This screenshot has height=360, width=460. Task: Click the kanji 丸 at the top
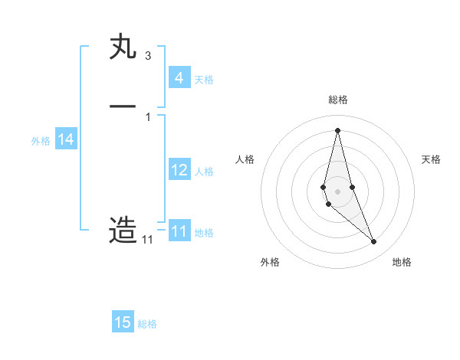click(x=123, y=47)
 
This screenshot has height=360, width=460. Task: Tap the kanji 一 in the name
click(x=123, y=108)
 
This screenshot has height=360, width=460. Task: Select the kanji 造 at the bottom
click(x=123, y=230)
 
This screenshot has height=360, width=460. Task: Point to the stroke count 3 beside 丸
click(x=147, y=55)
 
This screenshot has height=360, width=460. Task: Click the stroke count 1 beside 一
click(x=147, y=116)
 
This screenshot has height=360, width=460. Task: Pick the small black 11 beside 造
click(x=147, y=240)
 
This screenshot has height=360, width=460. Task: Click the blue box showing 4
click(x=179, y=78)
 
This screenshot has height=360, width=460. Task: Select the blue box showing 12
click(x=179, y=170)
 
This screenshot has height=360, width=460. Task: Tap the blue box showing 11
click(x=179, y=231)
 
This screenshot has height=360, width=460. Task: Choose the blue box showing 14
click(x=66, y=139)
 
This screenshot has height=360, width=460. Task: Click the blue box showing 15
click(x=123, y=322)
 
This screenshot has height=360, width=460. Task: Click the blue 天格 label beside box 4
click(x=204, y=80)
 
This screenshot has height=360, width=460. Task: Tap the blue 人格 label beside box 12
click(x=204, y=172)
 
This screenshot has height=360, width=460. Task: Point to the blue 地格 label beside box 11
click(x=204, y=233)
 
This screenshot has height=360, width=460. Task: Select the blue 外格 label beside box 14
click(x=40, y=141)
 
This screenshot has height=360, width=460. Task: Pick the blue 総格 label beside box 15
click(x=147, y=324)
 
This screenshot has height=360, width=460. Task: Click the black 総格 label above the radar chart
click(x=337, y=100)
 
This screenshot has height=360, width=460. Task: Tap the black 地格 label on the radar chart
click(x=402, y=262)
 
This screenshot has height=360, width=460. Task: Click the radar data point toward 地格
click(x=373, y=242)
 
